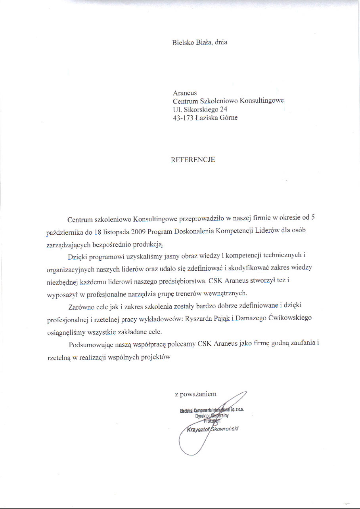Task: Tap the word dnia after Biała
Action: pos(220,42)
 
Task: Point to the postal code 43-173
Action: pos(183,117)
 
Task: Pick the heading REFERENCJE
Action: pos(193,160)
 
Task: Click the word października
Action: pos(61,232)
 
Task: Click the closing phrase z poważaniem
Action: pos(195,394)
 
